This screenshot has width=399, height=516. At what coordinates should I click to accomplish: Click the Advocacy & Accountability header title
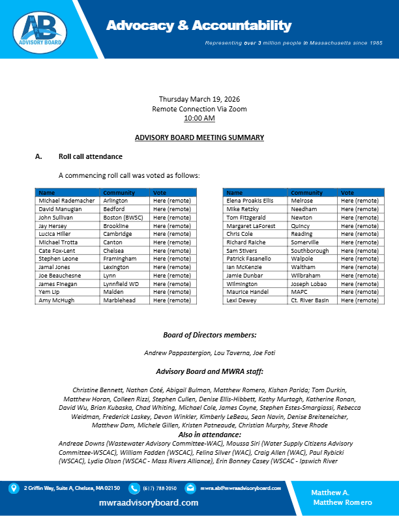(x=199, y=25)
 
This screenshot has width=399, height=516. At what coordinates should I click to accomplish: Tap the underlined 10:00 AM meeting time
(x=199, y=119)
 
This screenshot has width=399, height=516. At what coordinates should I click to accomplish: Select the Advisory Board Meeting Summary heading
(x=199, y=137)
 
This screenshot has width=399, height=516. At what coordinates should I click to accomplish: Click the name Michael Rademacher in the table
(x=66, y=201)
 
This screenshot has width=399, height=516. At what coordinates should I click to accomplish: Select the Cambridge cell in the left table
(x=117, y=234)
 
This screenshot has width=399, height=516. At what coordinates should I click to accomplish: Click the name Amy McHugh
(x=57, y=300)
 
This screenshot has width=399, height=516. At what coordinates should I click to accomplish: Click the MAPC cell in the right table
(x=301, y=292)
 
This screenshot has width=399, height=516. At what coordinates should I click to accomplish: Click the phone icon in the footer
(x=134, y=488)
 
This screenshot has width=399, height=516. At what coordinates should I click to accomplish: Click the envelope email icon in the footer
(x=190, y=488)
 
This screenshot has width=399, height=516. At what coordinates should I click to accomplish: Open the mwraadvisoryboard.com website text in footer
(x=149, y=503)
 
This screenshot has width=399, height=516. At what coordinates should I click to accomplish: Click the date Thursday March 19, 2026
(x=199, y=99)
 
